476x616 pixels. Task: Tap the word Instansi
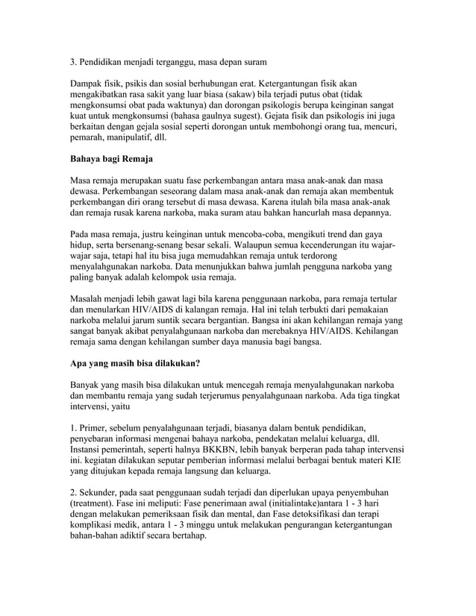(x=89, y=451)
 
